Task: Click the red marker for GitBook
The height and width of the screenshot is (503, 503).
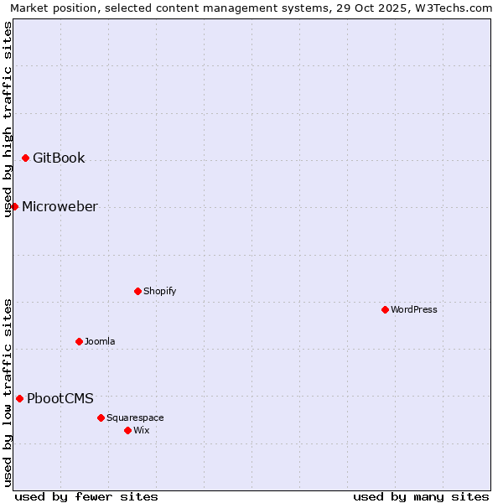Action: (x=25, y=158)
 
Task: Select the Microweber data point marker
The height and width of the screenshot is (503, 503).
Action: (x=14, y=206)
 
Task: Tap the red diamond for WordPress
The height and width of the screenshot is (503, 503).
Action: (x=385, y=309)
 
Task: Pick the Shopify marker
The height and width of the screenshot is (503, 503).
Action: (x=137, y=291)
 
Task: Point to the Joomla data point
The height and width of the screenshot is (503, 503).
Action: (x=79, y=341)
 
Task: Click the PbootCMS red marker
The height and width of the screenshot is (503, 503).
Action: (x=19, y=398)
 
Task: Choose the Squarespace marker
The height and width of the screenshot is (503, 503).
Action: (x=101, y=417)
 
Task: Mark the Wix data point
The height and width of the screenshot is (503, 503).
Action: (x=127, y=430)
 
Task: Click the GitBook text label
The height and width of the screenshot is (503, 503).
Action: (x=59, y=158)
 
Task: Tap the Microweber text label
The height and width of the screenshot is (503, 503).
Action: (x=60, y=206)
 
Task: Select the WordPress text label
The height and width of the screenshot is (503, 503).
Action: (x=414, y=309)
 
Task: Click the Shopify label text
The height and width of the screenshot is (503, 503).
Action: (x=159, y=291)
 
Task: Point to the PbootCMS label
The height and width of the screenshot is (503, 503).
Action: (x=60, y=398)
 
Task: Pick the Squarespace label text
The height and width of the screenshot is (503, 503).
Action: (x=135, y=417)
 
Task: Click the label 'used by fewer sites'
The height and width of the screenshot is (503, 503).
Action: (x=86, y=496)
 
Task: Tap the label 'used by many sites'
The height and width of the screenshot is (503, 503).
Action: (x=421, y=496)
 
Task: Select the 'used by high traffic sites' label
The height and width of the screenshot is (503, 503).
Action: (x=8, y=119)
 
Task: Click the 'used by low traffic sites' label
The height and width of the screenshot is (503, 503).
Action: (x=8, y=392)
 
